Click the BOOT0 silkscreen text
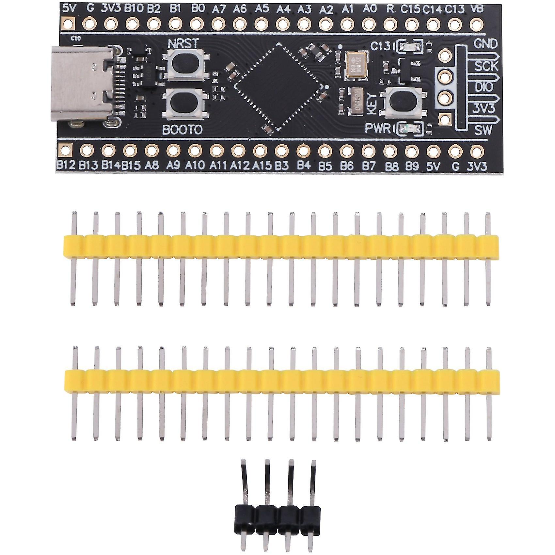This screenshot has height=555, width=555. (x=182, y=130)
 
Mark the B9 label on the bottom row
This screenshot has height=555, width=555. (x=412, y=166)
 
